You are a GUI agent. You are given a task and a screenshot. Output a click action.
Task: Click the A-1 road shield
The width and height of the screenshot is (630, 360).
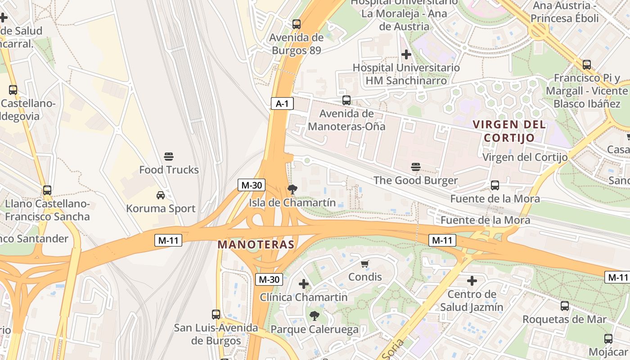tap(282, 104)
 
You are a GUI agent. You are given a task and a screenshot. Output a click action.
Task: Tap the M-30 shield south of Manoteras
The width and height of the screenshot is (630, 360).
tap(269, 279)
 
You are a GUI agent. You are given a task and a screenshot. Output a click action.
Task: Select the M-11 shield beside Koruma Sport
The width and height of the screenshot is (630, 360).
tap(168, 240)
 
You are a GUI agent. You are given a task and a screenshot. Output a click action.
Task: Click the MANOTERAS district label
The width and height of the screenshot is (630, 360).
tap(256, 245)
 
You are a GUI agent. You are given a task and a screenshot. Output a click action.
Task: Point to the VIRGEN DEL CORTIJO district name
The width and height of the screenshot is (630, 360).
tap(509, 131)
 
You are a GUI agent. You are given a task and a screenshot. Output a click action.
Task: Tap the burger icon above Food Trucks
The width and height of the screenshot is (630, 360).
tap(169, 157)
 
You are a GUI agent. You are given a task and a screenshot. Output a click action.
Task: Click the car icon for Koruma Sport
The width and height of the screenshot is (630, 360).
tap(161, 195)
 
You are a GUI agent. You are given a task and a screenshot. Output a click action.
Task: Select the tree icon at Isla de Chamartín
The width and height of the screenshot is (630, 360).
tap(292, 189)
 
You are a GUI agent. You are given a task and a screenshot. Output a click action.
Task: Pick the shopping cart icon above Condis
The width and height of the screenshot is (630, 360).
tap(365, 264)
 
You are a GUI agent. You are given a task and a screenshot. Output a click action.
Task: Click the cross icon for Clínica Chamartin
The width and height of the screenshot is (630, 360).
tap(304, 284)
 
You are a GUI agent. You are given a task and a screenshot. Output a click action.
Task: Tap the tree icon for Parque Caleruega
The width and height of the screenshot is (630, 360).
tap(315, 316)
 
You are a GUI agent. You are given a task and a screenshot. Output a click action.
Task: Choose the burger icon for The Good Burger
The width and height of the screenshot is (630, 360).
tap(416, 167)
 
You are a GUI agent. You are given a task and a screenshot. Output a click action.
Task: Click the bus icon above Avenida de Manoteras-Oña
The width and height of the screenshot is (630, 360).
tap(346, 100)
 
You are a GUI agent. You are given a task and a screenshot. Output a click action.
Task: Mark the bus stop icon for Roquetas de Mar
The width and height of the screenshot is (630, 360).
tap(564, 306)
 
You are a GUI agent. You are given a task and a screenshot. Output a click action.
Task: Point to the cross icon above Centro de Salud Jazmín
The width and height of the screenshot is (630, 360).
tap(472, 281)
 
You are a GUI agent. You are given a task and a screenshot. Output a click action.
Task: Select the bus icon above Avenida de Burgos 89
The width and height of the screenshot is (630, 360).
tap(296, 24)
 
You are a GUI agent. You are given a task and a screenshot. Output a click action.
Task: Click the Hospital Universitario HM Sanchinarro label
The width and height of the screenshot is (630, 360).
tap(406, 74)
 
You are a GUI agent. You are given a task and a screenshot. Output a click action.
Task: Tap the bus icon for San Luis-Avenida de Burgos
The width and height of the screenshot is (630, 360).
tap(216, 314)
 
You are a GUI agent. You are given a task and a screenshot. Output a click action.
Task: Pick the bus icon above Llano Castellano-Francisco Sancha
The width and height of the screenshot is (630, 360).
tap(47, 190)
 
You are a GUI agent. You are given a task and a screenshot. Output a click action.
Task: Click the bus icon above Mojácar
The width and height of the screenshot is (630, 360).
tap(608, 338)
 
